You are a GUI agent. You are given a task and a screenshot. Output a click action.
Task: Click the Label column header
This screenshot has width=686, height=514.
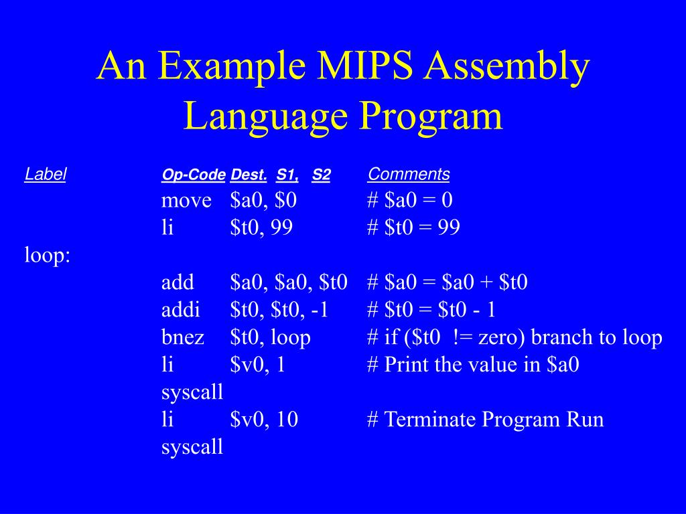click(46, 175)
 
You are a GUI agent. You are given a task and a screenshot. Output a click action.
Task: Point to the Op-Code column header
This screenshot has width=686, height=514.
click(193, 175)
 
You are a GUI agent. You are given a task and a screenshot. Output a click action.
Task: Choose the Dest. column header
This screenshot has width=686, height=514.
click(249, 175)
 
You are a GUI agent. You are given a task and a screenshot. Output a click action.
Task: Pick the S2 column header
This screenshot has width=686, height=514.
click(322, 175)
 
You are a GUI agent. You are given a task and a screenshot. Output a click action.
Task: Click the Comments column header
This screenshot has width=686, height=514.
click(409, 175)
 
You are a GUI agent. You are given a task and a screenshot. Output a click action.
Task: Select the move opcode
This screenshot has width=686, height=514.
click(186, 201)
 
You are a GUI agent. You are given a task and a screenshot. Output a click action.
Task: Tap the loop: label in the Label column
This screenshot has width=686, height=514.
click(48, 256)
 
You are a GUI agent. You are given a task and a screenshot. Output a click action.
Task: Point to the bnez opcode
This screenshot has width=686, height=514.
click(182, 338)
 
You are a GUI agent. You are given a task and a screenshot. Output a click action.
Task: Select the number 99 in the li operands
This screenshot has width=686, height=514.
click(282, 228)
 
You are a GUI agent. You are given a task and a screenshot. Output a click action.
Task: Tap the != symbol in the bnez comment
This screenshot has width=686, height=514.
click(464, 338)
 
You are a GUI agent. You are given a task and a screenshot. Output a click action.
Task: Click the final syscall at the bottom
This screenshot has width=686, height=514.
click(192, 448)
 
